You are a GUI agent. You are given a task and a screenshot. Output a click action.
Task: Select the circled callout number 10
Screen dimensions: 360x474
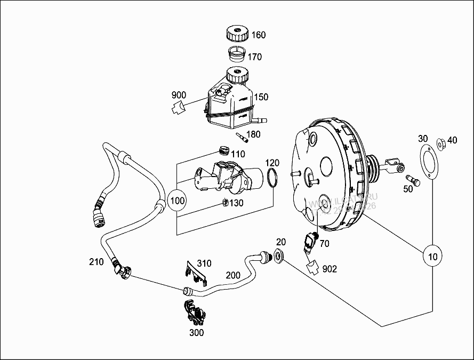[433, 257]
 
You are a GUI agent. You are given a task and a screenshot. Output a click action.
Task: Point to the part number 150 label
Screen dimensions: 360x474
[261, 97]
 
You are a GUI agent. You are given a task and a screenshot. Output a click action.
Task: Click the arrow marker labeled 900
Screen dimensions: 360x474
[178, 108]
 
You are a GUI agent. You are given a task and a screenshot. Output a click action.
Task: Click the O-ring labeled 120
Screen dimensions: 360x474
[272, 178]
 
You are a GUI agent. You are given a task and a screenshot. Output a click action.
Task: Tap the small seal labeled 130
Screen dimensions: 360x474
[226, 202]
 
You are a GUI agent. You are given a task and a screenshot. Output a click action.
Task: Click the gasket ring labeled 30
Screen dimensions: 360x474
[427, 161]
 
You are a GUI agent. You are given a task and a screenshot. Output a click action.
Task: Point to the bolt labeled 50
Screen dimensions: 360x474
[413, 179]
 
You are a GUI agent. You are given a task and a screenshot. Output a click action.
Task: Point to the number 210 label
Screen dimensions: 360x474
[97, 261]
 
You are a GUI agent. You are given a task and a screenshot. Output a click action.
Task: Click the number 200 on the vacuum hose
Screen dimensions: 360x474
[233, 275]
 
